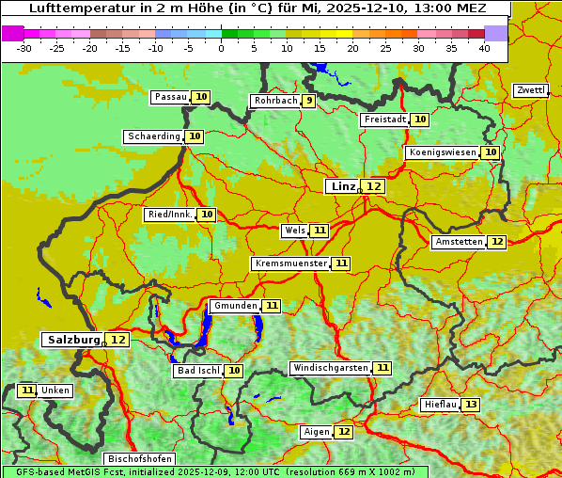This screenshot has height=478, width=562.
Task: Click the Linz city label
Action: [x=343, y=186]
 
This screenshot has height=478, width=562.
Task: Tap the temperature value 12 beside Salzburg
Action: [x=117, y=340]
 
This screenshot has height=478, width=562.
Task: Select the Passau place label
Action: [x=170, y=97]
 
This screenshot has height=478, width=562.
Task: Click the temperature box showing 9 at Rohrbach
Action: [x=309, y=101]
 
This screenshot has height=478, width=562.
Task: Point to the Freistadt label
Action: [x=384, y=119]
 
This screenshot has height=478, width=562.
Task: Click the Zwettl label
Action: [x=530, y=90]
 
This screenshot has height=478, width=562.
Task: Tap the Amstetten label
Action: [x=459, y=242]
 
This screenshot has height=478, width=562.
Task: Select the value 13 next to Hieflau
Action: [x=470, y=405]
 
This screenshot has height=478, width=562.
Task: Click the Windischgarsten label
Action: [x=330, y=368]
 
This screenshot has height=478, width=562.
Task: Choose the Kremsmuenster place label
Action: [x=290, y=263]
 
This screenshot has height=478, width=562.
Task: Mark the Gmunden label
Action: [x=234, y=306]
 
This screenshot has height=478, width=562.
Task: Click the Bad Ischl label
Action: [x=197, y=371]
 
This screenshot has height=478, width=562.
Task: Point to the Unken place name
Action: [x=55, y=390]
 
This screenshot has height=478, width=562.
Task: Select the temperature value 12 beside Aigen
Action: [x=344, y=432]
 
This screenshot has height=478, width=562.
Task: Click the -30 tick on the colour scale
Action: [x=24, y=47]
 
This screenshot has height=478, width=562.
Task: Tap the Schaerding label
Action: [x=154, y=136]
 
